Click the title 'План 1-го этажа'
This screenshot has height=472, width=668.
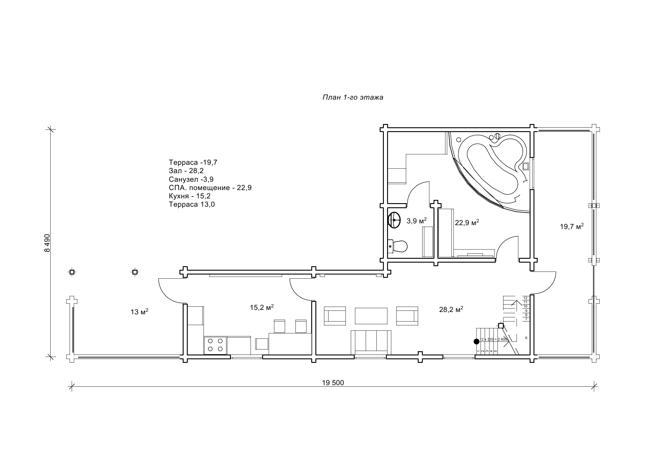coord(353,98)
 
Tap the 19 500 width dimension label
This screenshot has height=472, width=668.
coord(333,383)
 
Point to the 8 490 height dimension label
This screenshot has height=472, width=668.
coord(47,243)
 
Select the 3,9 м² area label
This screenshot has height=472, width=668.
coord(417,221)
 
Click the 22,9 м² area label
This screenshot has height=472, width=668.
coord(467,222)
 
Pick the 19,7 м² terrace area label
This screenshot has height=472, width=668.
coord(572,226)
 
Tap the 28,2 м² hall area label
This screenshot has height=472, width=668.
coord(451,309)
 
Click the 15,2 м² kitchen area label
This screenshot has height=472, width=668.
coord(262,307)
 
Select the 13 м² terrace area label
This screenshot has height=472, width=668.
coord(139,312)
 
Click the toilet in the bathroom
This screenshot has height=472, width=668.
coord(398,246)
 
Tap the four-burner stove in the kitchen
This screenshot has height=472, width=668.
coord(215,345)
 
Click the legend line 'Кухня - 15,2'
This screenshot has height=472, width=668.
coord(190,196)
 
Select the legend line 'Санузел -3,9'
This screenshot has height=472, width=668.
coord(191,179)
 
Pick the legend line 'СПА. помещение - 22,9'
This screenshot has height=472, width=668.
coord(210,188)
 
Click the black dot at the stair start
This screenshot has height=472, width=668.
coord(476,341)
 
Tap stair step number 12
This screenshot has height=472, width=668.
coord(525,298)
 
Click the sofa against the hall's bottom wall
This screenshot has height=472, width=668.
coord(371,342)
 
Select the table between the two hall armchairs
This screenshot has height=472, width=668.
coord(371,316)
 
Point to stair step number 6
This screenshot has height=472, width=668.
coord(526,338)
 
